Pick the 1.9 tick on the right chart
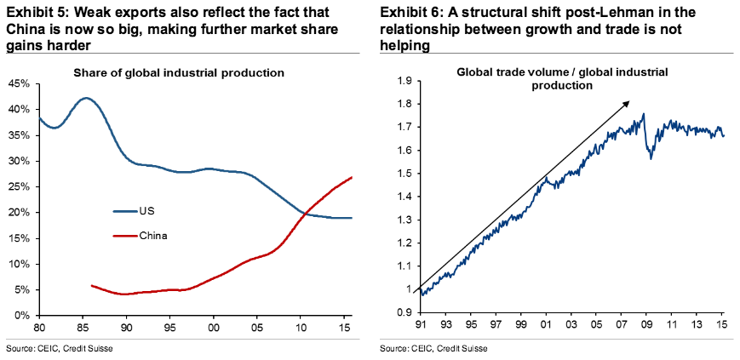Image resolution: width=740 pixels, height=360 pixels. (403, 81)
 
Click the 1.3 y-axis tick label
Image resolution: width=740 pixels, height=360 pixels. (403, 220)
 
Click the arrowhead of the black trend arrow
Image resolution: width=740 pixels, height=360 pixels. (628, 101)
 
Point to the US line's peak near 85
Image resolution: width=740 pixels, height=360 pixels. (85, 98)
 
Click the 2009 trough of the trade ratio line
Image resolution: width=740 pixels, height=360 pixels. (651, 157)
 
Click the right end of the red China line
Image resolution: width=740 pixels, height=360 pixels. (352, 177)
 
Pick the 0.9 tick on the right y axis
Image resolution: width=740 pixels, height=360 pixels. (403, 312)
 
